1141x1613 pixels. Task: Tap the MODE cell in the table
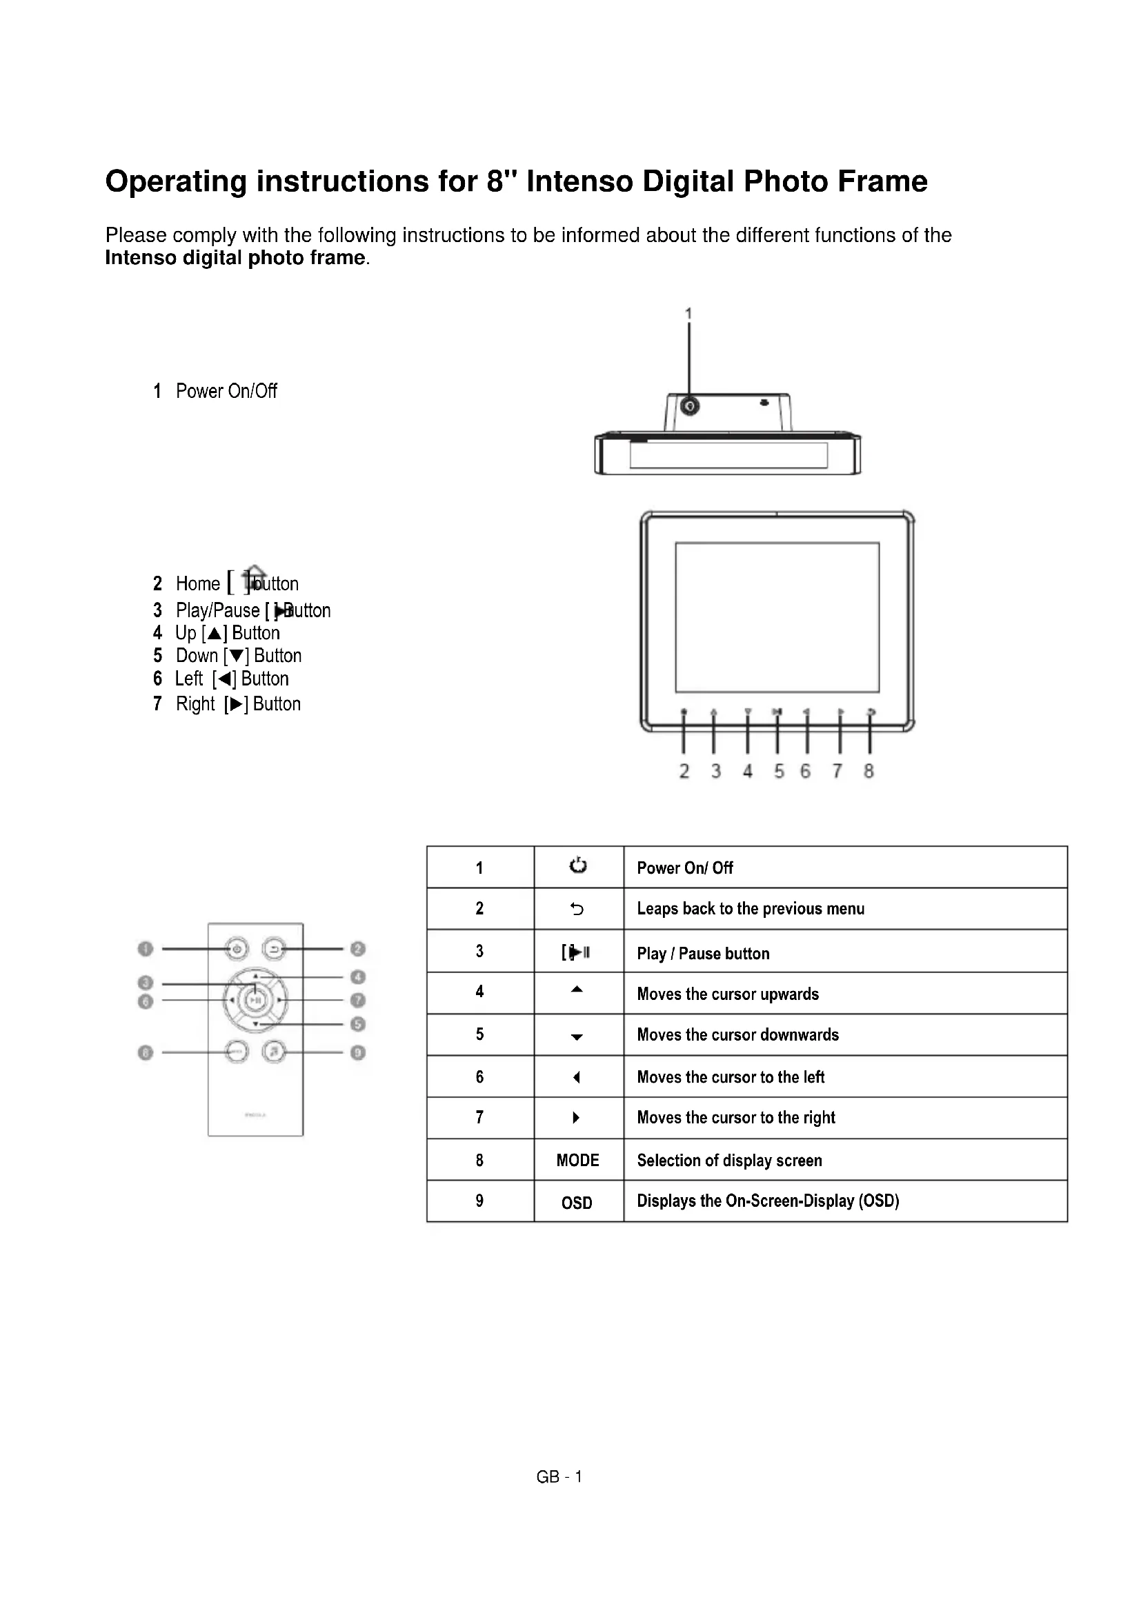coord(577,1160)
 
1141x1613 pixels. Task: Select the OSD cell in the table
coord(577,1203)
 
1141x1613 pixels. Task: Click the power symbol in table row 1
coord(577,865)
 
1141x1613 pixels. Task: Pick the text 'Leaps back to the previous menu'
coord(751,909)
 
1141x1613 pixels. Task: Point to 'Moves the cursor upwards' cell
coord(728,994)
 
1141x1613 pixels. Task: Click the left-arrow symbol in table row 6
coord(577,1077)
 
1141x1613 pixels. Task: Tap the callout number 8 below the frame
coord(869,772)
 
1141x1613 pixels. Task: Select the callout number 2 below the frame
coord(684,772)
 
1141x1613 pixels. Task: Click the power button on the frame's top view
coord(690,406)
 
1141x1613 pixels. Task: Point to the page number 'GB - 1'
coord(559,1476)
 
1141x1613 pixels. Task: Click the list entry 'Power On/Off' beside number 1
coord(226,391)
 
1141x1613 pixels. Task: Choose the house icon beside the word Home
coord(255,577)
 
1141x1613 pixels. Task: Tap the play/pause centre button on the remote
coord(256,1000)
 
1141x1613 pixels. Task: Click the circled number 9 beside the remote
coord(358,1052)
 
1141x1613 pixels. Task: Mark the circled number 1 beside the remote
coord(146,949)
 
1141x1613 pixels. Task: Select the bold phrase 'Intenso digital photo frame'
coord(235,258)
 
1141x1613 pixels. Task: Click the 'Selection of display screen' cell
coord(729,1161)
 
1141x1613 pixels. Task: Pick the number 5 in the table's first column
coord(480,1034)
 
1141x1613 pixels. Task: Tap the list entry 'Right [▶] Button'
coord(237,704)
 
